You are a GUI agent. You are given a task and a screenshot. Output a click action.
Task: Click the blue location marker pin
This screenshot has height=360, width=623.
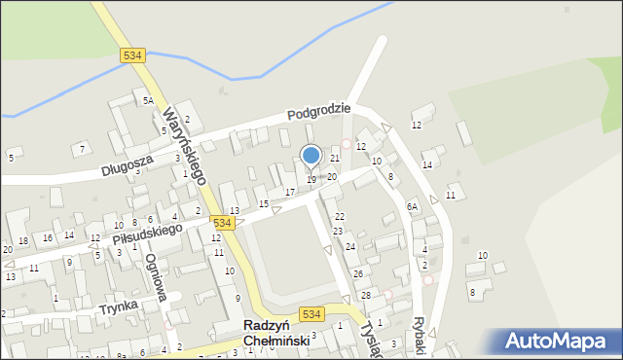(311, 157)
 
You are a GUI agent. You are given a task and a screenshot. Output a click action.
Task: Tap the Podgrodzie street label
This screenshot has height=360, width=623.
(318, 112)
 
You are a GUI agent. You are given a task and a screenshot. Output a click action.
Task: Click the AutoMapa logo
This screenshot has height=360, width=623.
(559, 342)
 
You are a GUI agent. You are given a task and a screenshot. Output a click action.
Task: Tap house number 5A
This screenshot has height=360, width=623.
(148, 100)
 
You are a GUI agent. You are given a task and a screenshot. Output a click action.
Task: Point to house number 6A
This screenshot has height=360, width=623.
(412, 206)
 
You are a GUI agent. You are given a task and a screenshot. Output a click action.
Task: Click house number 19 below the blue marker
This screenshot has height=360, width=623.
(311, 180)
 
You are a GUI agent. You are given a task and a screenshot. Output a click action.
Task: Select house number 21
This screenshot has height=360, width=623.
(334, 158)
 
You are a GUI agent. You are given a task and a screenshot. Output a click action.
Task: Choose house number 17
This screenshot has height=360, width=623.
(289, 192)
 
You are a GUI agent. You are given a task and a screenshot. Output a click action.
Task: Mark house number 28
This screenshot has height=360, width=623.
(366, 295)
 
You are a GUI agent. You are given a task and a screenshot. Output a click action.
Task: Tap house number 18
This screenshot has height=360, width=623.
(22, 241)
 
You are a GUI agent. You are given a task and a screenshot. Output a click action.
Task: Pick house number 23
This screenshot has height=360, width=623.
(338, 232)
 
